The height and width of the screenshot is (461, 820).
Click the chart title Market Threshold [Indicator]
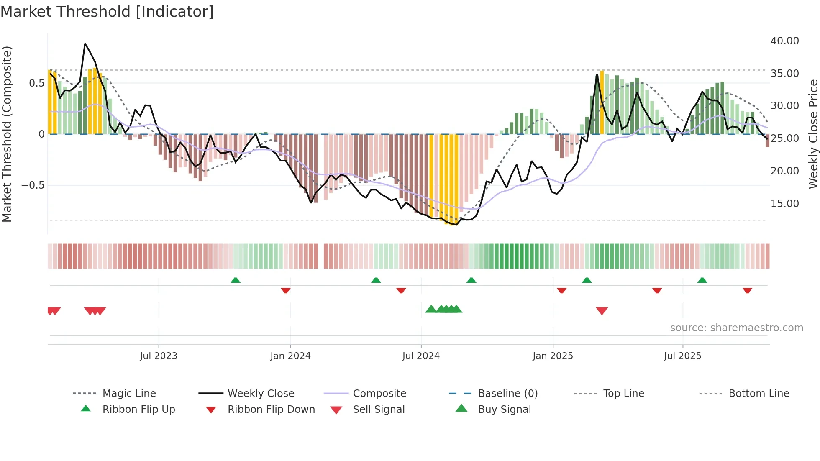pos(107,12)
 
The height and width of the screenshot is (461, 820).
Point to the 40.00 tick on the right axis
pos(784,41)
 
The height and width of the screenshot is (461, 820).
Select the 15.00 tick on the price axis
pos(784,204)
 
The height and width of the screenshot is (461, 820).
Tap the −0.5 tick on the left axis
pos(33,185)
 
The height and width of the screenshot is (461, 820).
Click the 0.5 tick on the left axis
pos(36,83)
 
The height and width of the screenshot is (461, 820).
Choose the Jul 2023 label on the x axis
pos(159,356)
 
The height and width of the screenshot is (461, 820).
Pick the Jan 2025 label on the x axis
pos(553,356)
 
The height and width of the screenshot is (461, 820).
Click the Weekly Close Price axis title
pos(813,134)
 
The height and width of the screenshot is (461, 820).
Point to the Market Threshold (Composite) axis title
pos(7,134)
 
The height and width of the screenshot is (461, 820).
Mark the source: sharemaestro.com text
pos(736,328)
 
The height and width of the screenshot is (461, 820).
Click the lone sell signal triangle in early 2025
pos(602,311)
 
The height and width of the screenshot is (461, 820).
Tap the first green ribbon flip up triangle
pos(236,280)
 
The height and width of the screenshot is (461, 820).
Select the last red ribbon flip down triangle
pos(747,290)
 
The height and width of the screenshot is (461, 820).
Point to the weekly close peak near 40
pos(85,44)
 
